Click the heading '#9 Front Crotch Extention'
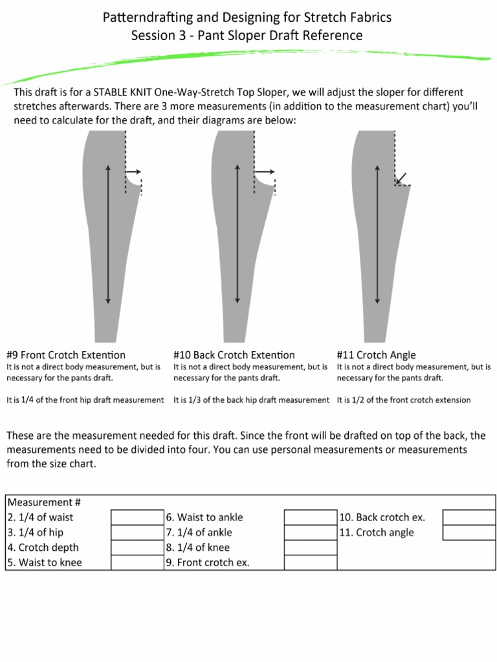[66, 355]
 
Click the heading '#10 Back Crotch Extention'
[234, 355]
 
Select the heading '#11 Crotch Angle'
[377, 355]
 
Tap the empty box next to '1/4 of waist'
[137, 517]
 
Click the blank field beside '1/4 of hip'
[137, 532]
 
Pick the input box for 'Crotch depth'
[137, 547]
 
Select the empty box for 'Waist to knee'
[137, 562]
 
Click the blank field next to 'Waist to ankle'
[311, 517]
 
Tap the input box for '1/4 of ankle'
[311, 532]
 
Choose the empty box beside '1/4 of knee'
[311, 547]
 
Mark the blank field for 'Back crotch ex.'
[469, 517]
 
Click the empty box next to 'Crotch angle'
[469, 532]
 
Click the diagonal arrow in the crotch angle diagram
[402, 178]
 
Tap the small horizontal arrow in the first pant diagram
[133, 172]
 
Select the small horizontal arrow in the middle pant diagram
[265, 172]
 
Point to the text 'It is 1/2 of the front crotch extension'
[404, 400]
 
